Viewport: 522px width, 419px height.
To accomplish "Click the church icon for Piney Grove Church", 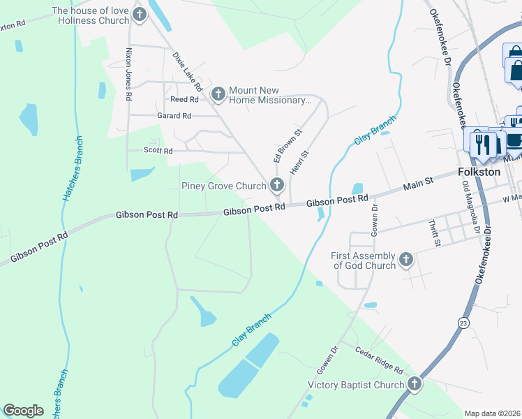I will click(277, 185).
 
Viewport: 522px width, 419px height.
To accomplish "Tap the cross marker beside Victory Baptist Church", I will click(415, 384).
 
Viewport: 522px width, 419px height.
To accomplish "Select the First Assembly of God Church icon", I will click(406, 260).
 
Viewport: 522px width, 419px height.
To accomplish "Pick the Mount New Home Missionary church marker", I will click(218, 93).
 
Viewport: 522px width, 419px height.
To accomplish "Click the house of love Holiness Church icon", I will click(140, 14).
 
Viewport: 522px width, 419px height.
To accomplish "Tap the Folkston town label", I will click(479, 172).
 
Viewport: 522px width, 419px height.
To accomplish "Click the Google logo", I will click(23, 411).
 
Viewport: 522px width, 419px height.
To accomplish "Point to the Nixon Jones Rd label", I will click(128, 75).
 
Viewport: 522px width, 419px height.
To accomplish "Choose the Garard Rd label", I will click(174, 116).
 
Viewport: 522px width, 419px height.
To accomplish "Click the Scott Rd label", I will click(158, 150).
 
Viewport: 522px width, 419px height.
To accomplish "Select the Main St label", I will click(419, 185).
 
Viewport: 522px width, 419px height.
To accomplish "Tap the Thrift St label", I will click(436, 234).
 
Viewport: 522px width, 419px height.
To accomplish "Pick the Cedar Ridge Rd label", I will click(379, 359).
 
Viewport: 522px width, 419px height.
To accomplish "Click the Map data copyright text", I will click(492, 413).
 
